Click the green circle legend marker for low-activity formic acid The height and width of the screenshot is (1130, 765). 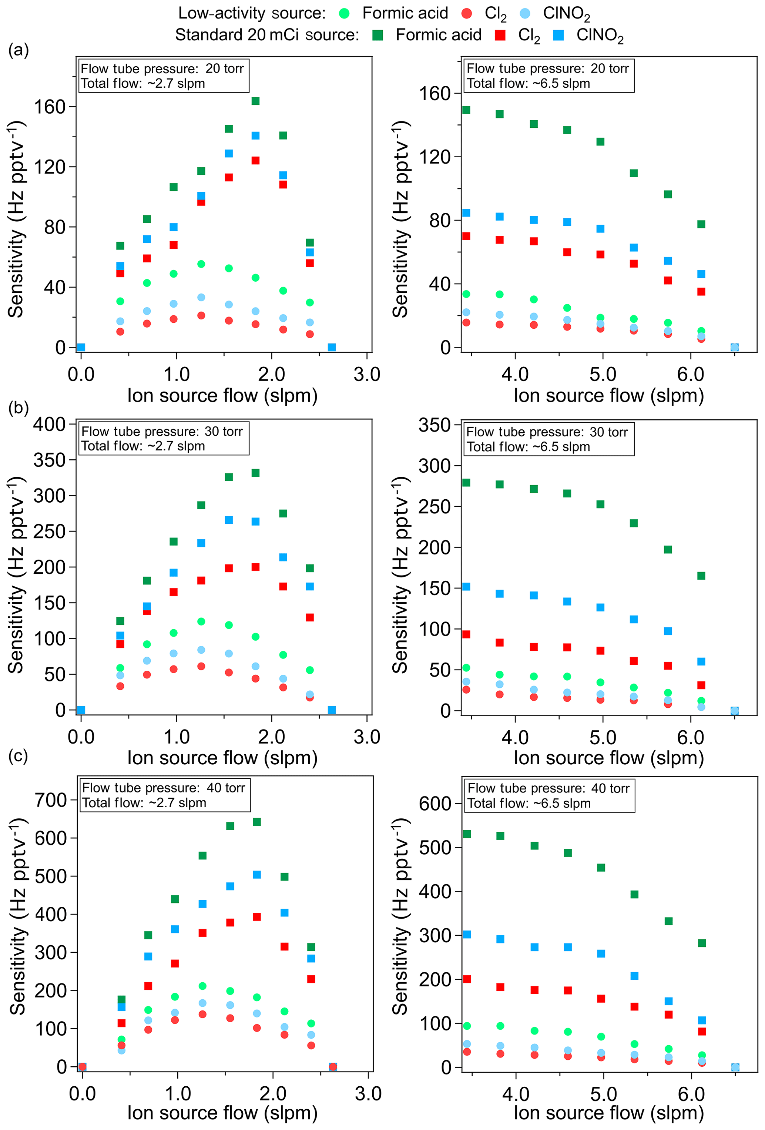[344, 14]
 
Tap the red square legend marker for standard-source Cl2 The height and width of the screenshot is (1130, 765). [500, 35]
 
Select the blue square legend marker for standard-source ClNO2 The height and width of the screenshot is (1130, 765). [558, 35]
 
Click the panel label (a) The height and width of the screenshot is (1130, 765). [19, 50]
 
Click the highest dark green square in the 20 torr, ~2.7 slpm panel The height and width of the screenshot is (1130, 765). [255, 101]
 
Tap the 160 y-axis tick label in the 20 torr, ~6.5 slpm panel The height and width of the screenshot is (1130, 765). [435, 93]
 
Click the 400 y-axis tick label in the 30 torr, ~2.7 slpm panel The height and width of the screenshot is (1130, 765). [49, 424]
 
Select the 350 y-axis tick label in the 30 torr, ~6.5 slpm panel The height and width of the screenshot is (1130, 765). [435, 425]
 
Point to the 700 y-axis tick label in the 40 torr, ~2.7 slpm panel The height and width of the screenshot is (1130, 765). [51, 800]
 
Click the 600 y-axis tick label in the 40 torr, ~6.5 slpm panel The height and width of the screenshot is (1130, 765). [435, 803]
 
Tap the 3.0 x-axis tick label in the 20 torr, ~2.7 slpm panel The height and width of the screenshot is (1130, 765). [367, 375]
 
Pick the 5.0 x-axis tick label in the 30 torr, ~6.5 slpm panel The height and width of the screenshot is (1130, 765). [603, 738]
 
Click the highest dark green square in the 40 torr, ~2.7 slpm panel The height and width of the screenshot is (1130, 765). [257, 822]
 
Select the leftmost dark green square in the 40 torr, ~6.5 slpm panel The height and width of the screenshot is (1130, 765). [467, 834]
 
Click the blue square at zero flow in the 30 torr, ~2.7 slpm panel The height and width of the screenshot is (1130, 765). [81, 710]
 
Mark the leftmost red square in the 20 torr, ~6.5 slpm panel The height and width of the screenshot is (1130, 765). [466, 236]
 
